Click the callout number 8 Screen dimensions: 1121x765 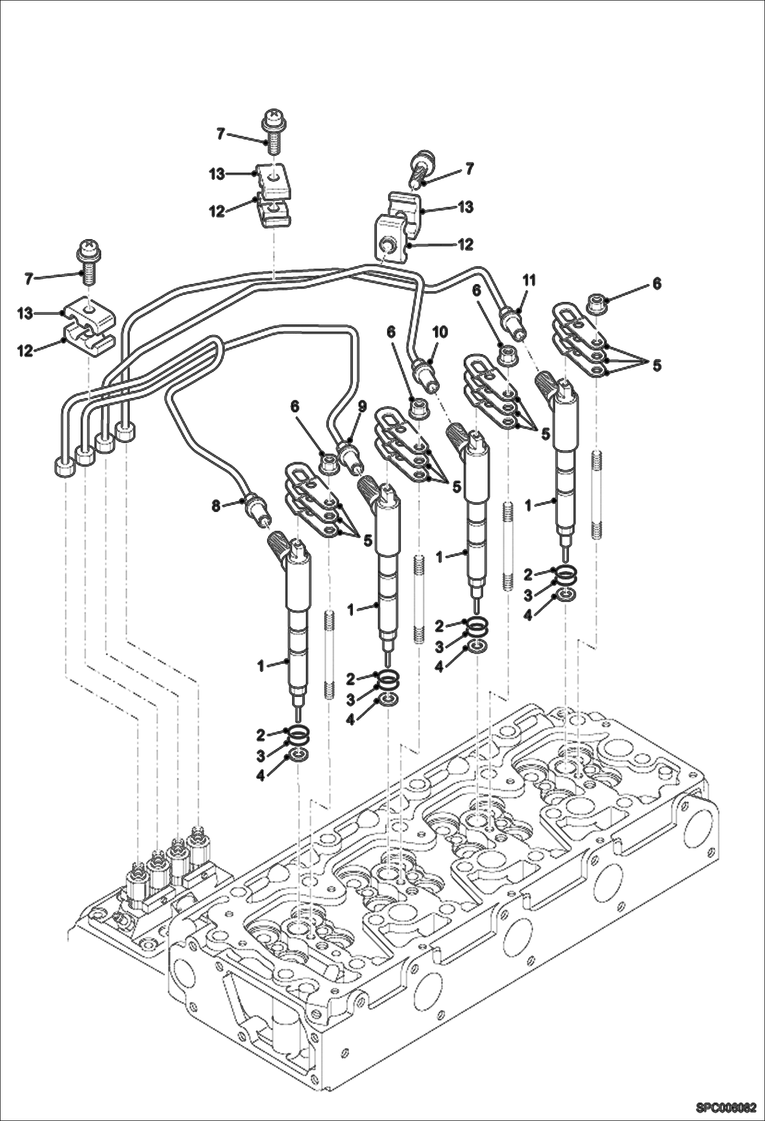click(217, 506)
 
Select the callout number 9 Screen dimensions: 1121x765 click(362, 406)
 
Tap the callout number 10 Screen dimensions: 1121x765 click(440, 332)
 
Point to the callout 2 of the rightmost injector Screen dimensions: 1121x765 click(528, 574)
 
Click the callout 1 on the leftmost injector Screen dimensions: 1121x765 click(261, 666)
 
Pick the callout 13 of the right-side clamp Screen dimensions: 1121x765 click(465, 206)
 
